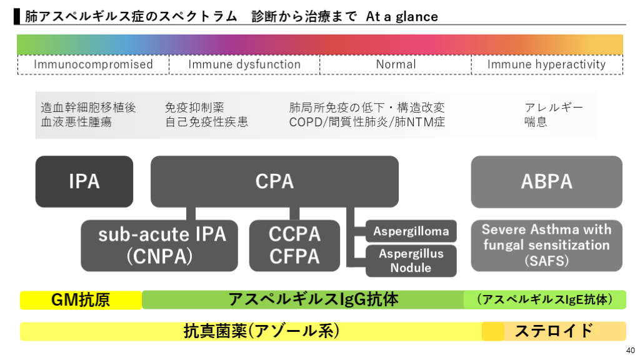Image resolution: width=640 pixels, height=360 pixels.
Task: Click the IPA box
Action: (x=84, y=181)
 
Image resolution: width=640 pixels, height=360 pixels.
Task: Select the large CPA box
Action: (x=274, y=181)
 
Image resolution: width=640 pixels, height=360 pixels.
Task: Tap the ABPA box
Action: (x=546, y=181)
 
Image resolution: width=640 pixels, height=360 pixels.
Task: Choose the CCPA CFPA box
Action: (x=294, y=245)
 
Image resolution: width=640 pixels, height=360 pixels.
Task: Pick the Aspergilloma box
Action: (x=411, y=231)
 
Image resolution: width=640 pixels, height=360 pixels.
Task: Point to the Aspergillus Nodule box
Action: (x=411, y=261)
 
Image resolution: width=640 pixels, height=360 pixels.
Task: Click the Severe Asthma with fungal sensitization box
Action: (x=546, y=245)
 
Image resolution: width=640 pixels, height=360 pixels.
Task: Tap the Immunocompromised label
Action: (x=93, y=64)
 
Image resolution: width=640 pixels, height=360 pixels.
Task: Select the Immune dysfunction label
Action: (x=244, y=64)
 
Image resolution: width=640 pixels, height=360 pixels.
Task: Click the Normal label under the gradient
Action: (x=396, y=64)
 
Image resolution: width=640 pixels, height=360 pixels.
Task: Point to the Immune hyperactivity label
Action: (x=546, y=64)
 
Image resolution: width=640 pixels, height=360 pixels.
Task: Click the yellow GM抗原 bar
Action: (x=81, y=300)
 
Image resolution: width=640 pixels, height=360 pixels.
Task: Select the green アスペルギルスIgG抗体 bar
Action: (x=313, y=299)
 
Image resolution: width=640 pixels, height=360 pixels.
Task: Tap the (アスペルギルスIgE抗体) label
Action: (x=544, y=299)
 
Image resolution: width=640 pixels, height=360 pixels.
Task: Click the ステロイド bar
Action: (x=554, y=331)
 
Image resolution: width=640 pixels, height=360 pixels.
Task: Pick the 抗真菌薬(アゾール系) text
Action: (x=262, y=331)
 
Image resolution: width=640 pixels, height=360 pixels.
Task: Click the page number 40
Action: (x=630, y=350)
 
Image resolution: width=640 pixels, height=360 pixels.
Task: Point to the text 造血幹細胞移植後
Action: (x=88, y=107)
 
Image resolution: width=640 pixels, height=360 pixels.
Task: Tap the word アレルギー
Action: (x=554, y=107)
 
